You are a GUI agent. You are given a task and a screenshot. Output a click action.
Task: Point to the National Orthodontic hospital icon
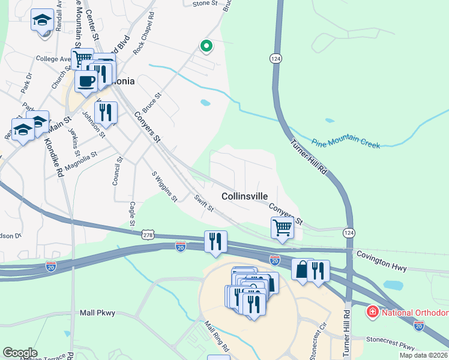click(x=372, y=313)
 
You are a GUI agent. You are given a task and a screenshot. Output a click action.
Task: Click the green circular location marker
click(x=206, y=46)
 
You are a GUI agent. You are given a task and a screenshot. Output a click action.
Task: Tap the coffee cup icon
click(x=86, y=82)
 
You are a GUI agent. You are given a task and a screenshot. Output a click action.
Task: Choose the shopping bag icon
click(x=302, y=269)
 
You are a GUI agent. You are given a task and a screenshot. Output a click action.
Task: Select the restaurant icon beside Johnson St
click(x=106, y=112)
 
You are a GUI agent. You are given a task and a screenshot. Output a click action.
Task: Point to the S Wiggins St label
click(x=164, y=186)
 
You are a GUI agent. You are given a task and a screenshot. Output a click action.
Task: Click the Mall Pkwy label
click(x=97, y=313)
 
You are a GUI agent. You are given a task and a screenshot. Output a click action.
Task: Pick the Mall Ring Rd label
click(x=217, y=337)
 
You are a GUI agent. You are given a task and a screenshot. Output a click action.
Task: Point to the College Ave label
click(x=53, y=59)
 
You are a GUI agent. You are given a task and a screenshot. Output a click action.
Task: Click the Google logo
click(x=20, y=353)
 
